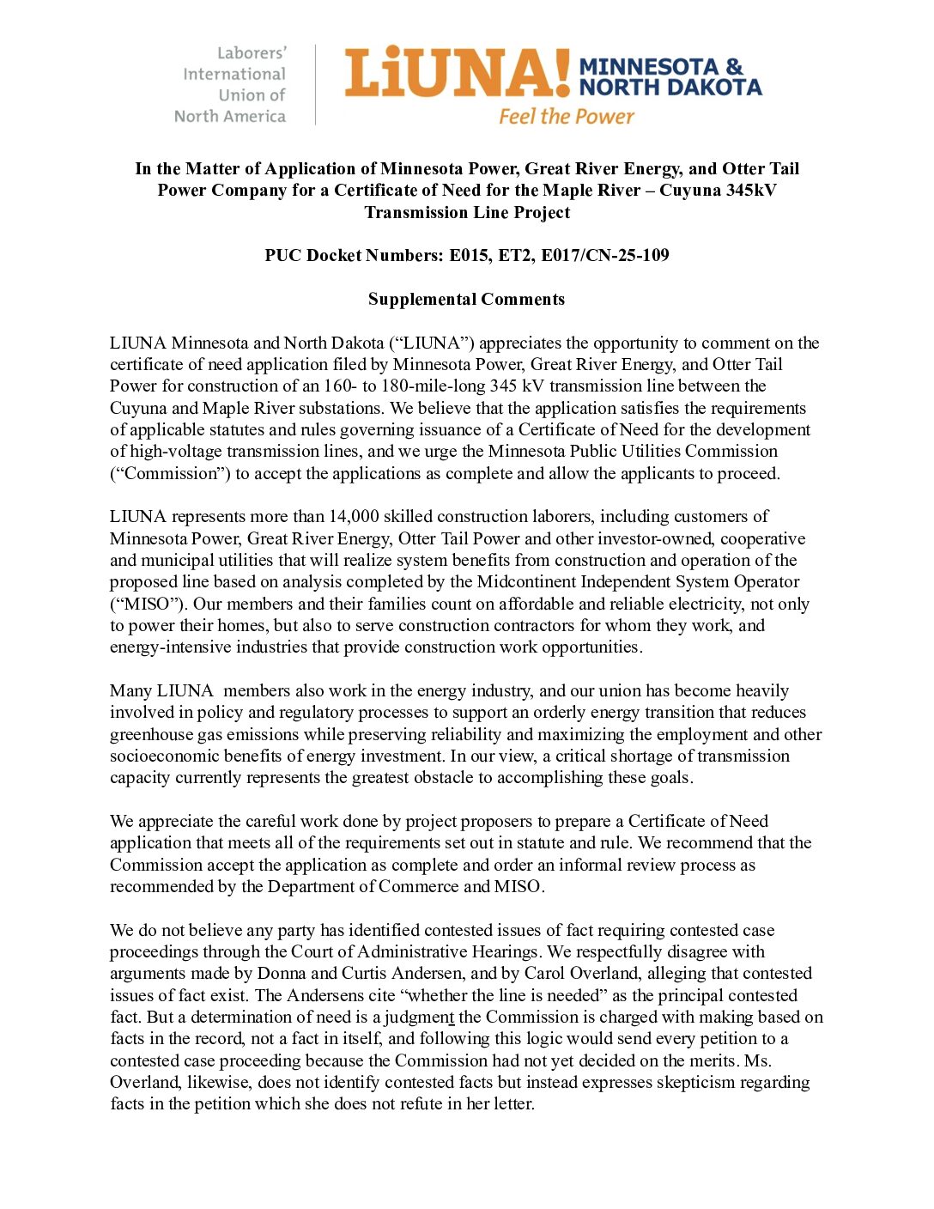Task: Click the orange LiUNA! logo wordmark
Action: [457, 73]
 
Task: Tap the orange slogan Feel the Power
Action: [567, 116]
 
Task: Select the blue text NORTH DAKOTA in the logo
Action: [670, 88]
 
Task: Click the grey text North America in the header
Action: [230, 116]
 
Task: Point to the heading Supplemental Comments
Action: [466, 299]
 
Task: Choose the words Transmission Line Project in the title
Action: [466, 212]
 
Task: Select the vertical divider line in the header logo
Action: [315, 84]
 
